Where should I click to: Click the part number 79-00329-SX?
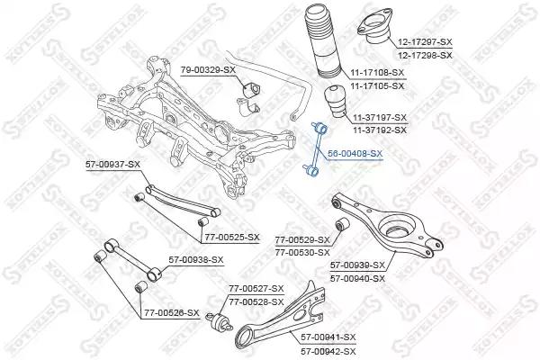point(208,69)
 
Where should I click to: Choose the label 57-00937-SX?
point(113,165)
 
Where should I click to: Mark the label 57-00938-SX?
point(196,260)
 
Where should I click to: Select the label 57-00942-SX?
point(328,351)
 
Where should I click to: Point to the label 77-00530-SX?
point(302,253)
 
